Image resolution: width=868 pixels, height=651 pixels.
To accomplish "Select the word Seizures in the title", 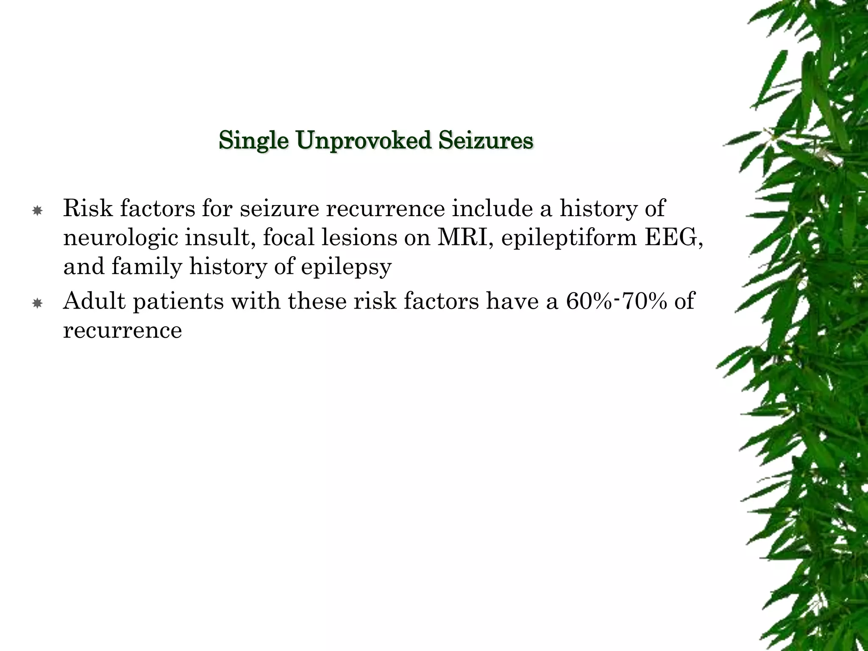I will tap(485, 141).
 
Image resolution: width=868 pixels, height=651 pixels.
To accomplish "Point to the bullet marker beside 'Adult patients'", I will tap(37, 303).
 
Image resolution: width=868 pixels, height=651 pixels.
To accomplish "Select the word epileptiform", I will tap(569, 239).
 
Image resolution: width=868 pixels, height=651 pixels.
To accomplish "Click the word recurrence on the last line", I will tap(122, 331).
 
